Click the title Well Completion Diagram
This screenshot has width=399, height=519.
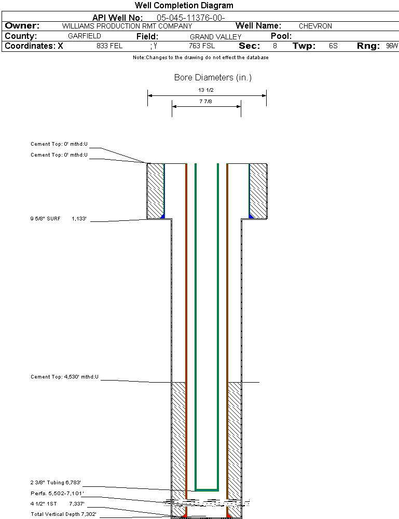click(x=184, y=6)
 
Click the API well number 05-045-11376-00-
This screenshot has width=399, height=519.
click(x=190, y=18)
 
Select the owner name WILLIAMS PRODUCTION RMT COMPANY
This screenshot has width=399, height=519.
click(x=127, y=26)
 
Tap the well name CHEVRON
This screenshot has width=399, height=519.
click(x=315, y=26)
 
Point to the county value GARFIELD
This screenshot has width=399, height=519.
click(x=85, y=36)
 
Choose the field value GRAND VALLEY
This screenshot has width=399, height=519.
click(x=215, y=37)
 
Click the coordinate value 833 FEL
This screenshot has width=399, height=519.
click(x=109, y=46)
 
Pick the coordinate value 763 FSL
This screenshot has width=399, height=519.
click(x=202, y=46)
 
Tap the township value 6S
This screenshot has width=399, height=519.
click(x=333, y=46)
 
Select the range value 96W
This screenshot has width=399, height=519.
click(x=392, y=46)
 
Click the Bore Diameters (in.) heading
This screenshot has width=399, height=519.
click(x=213, y=78)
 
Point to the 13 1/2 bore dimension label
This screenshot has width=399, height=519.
click(x=206, y=90)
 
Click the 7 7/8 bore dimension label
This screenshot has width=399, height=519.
click(x=206, y=102)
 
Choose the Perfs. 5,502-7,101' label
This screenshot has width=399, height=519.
click(x=57, y=493)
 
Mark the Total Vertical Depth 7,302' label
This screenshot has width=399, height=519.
click(x=63, y=514)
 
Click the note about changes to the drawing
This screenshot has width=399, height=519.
click(x=200, y=58)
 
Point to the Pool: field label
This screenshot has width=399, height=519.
click(x=281, y=36)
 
